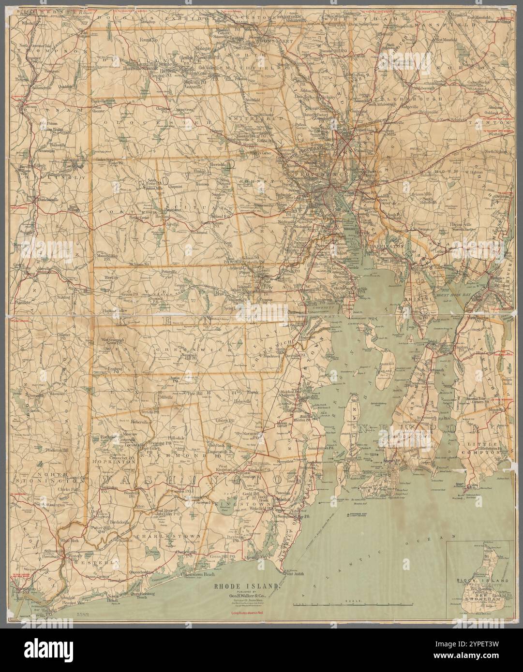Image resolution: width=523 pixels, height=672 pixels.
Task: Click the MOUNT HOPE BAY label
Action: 434,293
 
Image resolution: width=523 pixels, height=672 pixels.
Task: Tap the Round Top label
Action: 149,40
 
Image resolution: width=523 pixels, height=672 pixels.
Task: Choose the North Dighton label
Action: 491,152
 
